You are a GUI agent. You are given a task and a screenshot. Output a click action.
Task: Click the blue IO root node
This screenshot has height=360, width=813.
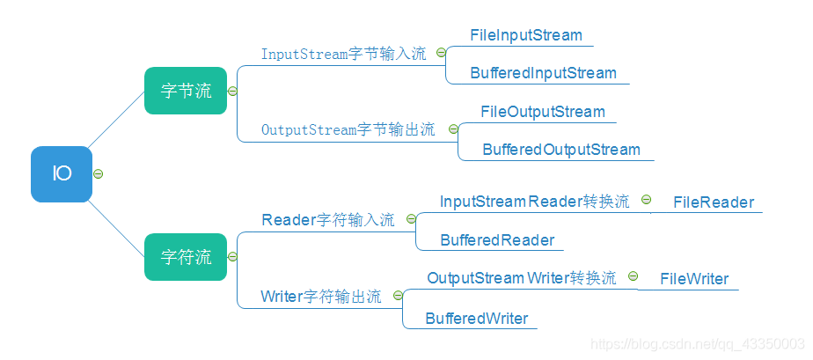pos(62,173)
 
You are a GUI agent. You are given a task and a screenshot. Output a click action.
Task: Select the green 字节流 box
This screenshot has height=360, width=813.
pos(186,91)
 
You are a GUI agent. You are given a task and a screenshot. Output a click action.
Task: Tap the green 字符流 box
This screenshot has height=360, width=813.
pos(186,257)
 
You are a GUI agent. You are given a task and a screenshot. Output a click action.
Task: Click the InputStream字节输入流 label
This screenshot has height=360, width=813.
pos(343,54)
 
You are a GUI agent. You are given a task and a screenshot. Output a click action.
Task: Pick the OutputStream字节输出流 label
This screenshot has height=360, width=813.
pos(348,129)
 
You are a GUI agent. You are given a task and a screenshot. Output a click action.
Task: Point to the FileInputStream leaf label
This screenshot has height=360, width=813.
pos(526,35)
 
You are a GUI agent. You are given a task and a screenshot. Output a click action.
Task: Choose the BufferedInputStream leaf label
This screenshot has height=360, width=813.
pos(543,73)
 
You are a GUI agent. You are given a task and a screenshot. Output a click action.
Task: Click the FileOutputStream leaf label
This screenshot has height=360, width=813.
pos(543,112)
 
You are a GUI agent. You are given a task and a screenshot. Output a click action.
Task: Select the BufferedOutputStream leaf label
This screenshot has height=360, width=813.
pos(561,150)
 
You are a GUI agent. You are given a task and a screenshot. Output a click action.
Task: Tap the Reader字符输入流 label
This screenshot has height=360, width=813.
pos(328,220)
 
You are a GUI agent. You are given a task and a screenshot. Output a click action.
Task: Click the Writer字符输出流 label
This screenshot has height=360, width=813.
pos(321,297)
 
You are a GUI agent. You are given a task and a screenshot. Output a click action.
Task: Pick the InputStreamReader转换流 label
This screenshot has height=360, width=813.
pos(534,202)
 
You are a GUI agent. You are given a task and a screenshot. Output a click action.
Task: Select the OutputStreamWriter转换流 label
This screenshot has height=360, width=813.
pos(522,278)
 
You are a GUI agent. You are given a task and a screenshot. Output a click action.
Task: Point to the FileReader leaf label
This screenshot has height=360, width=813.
pos(714,202)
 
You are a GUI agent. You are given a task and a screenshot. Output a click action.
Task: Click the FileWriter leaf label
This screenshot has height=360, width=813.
pos(695,279)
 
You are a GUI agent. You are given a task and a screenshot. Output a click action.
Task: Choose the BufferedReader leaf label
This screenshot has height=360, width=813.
pos(497,240)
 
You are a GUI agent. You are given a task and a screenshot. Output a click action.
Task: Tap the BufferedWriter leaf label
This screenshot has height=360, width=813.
pos(477,319)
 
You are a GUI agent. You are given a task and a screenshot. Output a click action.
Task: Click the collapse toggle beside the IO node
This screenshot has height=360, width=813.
pos(99,173)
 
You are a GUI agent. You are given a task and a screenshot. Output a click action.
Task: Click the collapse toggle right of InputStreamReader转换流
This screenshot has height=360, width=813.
pos(646,200)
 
